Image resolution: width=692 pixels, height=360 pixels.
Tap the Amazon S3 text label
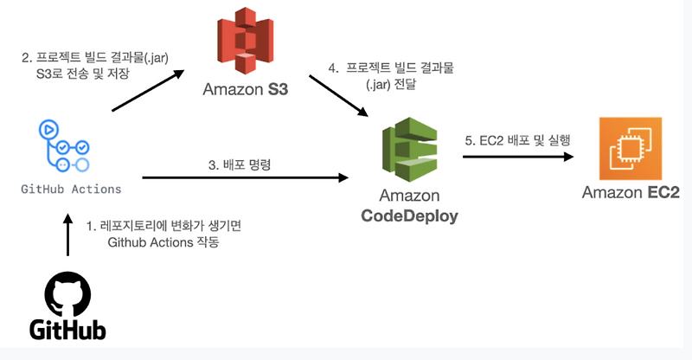coord(245,89)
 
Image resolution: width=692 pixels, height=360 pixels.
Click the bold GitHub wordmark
coord(67,330)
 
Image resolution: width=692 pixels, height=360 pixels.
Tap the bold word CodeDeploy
coord(408,215)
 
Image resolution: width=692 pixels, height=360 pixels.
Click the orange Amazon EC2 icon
coord(630,154)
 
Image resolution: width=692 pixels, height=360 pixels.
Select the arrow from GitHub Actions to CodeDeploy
coord(244,177)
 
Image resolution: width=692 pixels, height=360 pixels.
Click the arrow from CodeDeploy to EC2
coord(518,157)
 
